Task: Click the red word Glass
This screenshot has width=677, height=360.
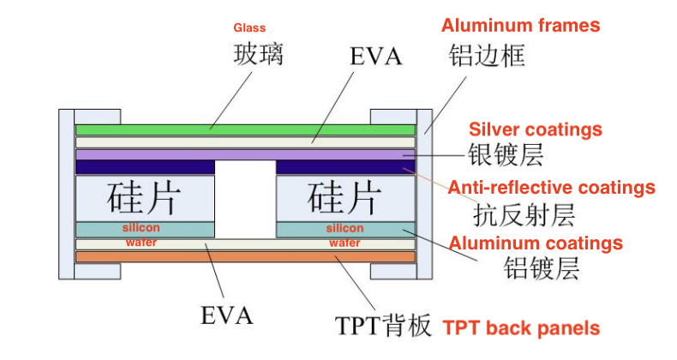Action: point(249,28)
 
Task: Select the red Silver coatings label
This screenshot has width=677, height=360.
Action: point(536,130)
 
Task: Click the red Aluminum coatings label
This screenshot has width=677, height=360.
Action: point(536,243)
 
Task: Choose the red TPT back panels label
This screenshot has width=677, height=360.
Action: point(521,328)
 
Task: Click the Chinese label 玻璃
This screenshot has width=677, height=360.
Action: point(258,56)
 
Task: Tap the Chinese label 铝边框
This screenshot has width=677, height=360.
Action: point(487,57)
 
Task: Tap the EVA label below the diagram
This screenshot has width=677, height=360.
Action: point(227,315)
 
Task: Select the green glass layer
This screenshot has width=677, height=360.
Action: point(246,129)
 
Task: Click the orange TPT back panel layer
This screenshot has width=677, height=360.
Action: point(246,256)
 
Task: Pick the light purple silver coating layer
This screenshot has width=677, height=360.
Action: point(246,154)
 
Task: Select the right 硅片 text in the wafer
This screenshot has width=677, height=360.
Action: point(344,199)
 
